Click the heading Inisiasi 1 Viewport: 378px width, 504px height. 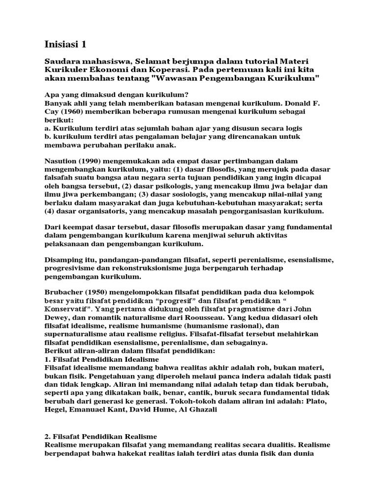tap(65, 44)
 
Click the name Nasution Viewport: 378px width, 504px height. tap(63, 161)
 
